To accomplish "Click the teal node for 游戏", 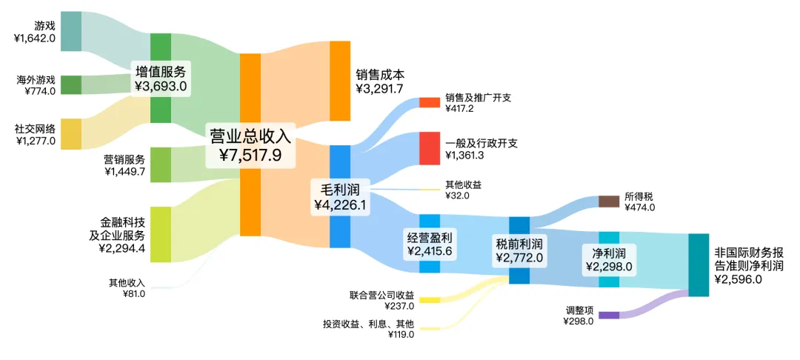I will click(70, 32).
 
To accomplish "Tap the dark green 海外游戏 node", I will click(70, 84).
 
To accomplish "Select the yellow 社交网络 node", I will click(70, 134).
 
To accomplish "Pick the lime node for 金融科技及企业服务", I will click(161, 234).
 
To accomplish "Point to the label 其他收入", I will click(127, 282).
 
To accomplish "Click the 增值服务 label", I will click(161, 71).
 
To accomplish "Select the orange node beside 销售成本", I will click(339, 81).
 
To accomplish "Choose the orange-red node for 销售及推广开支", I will click(430, 102).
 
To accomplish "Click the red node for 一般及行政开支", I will click(430, 148).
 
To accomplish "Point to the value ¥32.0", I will click(457, 196).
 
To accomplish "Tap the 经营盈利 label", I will click(430, 237).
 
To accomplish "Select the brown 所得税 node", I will click(609, 201).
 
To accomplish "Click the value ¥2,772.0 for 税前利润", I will click(519, 258).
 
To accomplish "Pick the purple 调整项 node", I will click(609, 315).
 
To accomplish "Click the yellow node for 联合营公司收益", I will click(430, 300).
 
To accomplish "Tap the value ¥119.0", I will click(401, 335).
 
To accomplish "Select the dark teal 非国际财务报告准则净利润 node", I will click(699, 264).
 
